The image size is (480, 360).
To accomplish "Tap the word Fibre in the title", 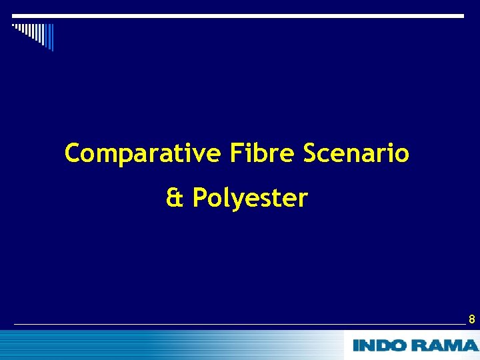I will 261,154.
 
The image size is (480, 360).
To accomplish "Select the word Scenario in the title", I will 356,154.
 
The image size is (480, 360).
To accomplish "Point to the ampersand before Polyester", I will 175,198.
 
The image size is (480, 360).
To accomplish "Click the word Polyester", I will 250,198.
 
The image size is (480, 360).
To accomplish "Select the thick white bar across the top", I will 238,15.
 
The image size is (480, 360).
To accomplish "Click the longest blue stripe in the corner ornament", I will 51,38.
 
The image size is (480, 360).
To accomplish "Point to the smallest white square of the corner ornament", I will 13,25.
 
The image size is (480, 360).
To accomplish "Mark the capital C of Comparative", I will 73,154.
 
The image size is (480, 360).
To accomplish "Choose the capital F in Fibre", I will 235,153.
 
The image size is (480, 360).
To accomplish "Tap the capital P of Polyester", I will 199,198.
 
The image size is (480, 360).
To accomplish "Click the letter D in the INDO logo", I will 385,345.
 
